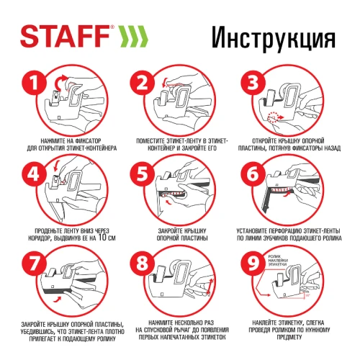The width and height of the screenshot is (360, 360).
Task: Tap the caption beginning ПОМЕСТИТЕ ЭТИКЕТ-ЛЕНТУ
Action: (180, 143)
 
